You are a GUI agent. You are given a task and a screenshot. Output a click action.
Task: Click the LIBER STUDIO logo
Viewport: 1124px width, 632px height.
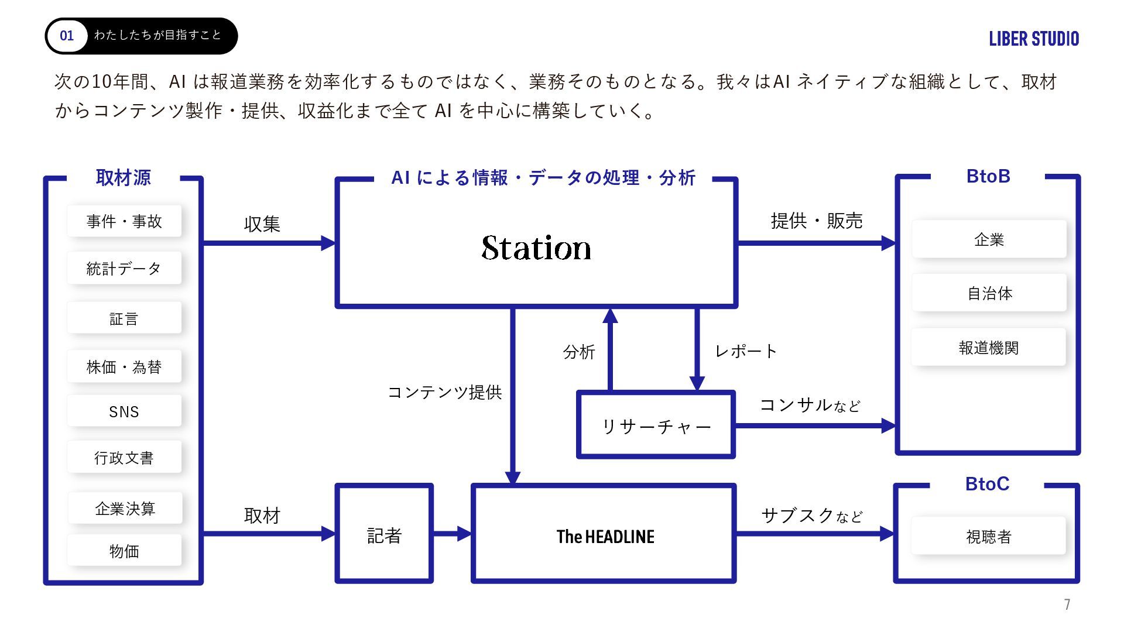tap(1034, 39)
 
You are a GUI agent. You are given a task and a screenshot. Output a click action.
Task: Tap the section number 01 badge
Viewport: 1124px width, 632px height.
tap(67, 36)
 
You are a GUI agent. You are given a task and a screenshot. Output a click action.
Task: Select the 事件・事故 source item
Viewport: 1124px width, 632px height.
tap(124, 221)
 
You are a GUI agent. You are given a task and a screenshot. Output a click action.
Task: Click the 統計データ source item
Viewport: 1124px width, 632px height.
tap(124, 269)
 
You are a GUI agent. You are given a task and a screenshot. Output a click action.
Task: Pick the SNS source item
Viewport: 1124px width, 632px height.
tap(124, 411)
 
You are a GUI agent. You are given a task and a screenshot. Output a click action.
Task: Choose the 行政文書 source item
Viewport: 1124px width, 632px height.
tap(124, 458)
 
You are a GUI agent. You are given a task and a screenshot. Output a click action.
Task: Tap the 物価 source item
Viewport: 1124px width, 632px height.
tap(124, 551)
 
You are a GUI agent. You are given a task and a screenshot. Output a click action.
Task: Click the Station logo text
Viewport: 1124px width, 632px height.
tap(536, 248)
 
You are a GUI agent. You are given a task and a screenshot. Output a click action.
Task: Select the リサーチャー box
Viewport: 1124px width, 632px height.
tap(656, 426)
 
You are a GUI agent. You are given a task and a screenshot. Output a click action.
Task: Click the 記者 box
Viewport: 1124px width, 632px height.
tap(384, 535)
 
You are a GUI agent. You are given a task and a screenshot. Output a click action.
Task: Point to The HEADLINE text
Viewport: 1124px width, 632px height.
tap(605, 536)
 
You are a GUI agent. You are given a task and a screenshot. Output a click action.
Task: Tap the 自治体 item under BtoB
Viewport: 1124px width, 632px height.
tap(989, 293)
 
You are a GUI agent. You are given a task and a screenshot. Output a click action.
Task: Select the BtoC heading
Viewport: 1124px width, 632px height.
tap(987, 484)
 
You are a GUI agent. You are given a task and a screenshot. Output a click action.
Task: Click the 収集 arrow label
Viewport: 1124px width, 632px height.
tap(262, 224)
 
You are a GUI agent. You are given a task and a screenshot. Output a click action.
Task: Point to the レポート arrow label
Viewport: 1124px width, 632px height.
tap(746, 351)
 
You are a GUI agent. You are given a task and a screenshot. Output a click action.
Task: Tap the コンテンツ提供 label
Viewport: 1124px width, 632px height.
tap(445, 392)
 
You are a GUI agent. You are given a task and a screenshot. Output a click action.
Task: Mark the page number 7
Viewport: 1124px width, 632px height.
tap(1067, 604)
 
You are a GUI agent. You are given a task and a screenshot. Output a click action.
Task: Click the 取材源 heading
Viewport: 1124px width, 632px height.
tap(123, 177)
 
